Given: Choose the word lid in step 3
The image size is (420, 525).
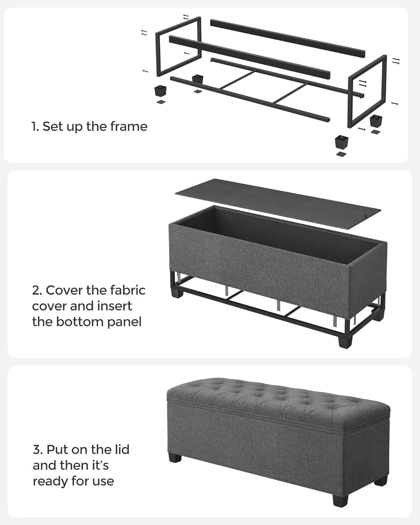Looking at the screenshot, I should tap(121, 449).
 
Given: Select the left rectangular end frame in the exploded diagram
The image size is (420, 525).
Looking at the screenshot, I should tap(178, 46).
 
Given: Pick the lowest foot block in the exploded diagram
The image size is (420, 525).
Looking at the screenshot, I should tap(342, 142).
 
